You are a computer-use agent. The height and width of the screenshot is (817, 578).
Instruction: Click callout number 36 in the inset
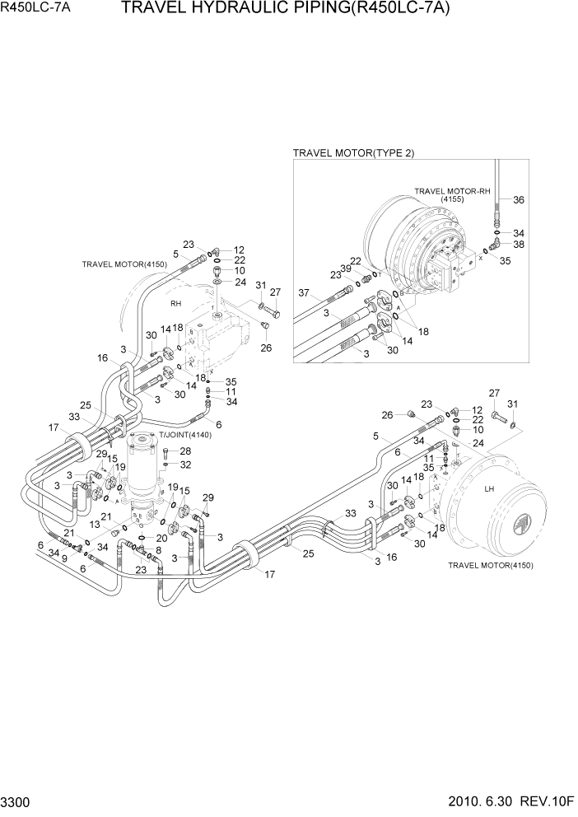tap(518, 200)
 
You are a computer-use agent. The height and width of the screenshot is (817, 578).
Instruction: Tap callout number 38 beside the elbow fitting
tap(518, 245)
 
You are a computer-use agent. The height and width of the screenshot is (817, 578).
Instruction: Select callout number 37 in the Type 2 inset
tap(303, 293)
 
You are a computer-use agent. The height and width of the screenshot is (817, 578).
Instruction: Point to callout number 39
tap(347, 269)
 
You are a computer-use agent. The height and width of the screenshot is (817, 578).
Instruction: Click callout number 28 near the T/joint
tap(185, 451)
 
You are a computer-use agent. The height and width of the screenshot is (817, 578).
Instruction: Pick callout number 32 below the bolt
tap(185, 465)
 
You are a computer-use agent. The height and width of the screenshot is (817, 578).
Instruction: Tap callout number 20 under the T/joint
tap(161, 538)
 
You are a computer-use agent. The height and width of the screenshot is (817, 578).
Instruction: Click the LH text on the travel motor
tap(488, 489)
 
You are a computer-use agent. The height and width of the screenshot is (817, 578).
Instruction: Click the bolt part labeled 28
tap(167, 451)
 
